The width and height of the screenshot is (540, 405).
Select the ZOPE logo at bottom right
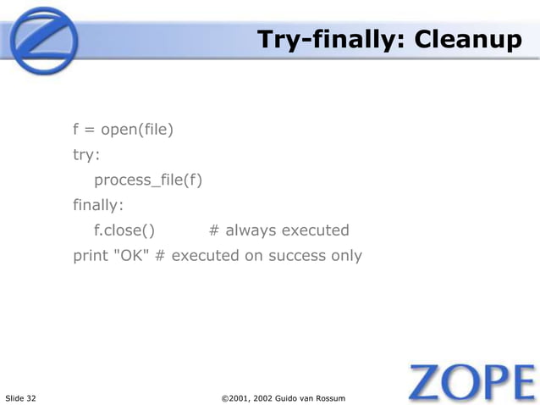[x=471, y=382]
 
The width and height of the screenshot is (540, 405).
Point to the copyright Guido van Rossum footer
[x=283, y=397]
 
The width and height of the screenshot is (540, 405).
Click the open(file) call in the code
[x=137, y=130]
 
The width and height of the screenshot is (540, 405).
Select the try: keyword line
[x=86, y=156]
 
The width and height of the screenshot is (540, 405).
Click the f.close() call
[x=124, y=230]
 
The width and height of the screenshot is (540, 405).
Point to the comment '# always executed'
[x=278, y=230]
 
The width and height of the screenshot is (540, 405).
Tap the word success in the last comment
[x=297, y=255]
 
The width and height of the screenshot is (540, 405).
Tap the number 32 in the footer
[x=31, y=397]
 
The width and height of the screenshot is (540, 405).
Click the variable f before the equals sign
[x=76, y=130]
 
